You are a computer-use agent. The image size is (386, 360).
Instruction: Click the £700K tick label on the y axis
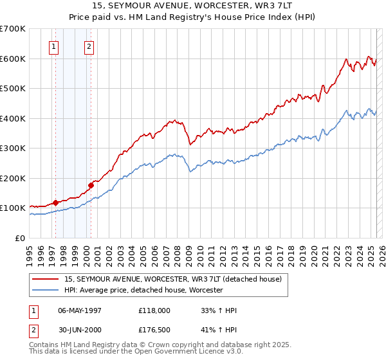13,29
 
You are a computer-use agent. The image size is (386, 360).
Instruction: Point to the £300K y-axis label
13,148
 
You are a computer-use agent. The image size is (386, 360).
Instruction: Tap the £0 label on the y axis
21,238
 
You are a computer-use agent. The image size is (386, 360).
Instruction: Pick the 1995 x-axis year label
30,251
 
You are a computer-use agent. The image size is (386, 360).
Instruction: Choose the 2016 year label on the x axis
268,251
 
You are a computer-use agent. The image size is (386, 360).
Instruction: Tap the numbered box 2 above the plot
89,46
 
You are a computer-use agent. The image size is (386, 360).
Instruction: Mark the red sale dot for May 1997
55,203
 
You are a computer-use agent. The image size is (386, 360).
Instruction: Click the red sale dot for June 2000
91,185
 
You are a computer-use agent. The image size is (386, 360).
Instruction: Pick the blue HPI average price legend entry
143,291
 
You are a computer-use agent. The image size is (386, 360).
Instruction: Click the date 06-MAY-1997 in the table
80,310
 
